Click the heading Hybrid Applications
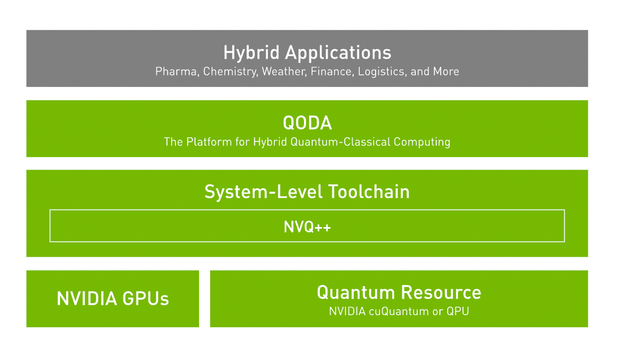click(307, 53)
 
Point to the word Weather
click(284, 72)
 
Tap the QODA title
click(307, 123)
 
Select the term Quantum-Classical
click(341, 142)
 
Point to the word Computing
click(422, 142)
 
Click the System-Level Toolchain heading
click(307, 192)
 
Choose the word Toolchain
click(369, 192)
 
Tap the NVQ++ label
click(307, 227)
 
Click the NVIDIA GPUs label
click(113, 299)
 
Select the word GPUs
click(146, 299)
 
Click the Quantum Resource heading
click(399, 293)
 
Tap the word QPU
click(458, 311)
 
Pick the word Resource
click(441, 293)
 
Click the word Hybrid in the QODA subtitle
click(270, 142)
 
